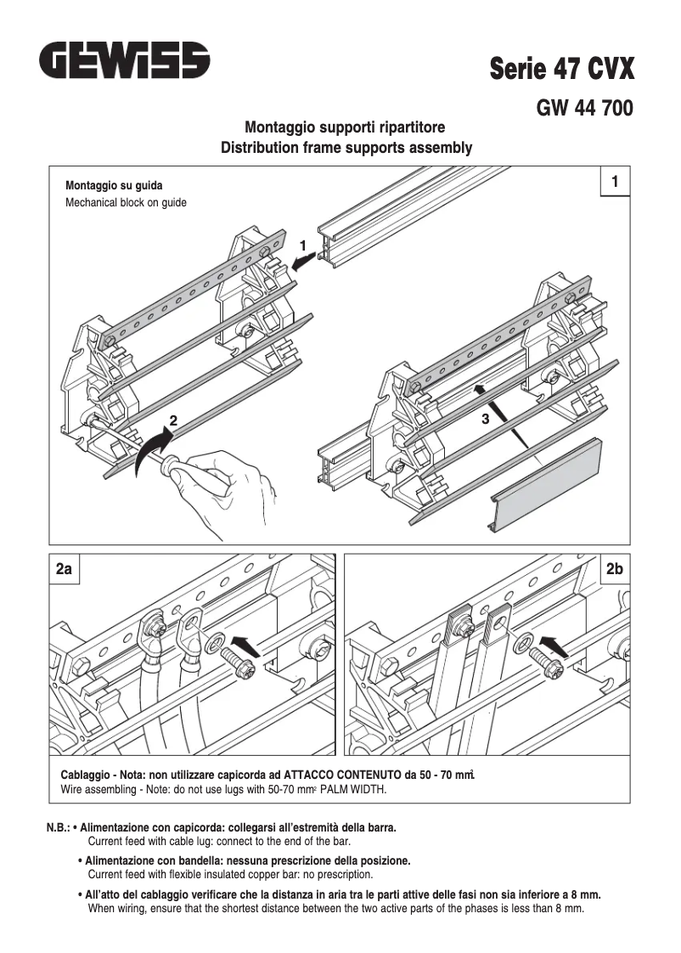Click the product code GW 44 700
point(584,109)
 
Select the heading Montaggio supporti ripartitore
point(345,127)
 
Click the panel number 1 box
point(615,182)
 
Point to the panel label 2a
point(64,569)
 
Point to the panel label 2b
point(615,569)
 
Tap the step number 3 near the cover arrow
point(485,419)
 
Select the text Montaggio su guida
point(114,185)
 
